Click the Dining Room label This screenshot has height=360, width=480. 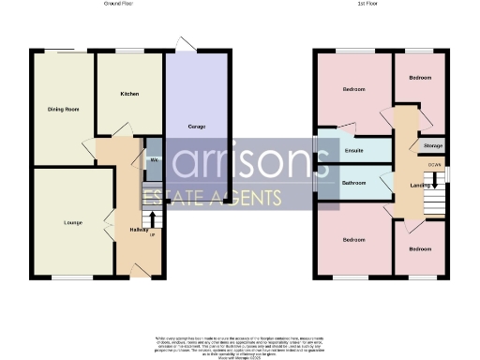pos(63,110)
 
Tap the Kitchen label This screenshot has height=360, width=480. pos(130,95)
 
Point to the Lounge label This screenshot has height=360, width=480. pos(60,222)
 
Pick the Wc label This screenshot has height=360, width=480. pos(154,160)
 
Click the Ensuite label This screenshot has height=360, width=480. pos(353,150)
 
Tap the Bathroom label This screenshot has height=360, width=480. pos(353,182)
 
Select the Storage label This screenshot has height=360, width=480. pos(432,146)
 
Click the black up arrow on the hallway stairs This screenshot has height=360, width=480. pos(153,219)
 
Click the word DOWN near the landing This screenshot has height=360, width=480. pos(434,164)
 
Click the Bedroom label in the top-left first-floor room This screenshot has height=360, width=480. pos(353,90)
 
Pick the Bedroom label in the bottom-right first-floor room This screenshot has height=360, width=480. pos(419,250)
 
